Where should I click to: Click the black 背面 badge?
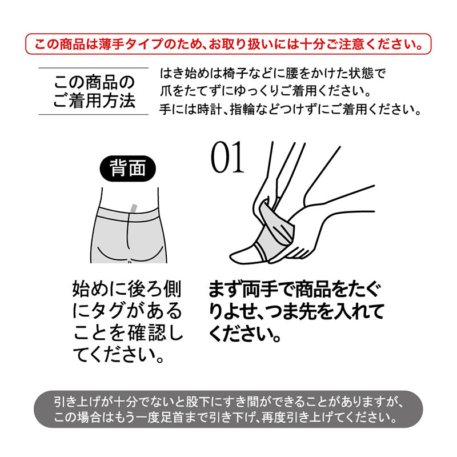(x=127, y=169)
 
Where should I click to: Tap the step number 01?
(x=227, y=157)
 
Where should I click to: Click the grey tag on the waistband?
(x=134, y=208)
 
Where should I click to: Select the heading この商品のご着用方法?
(x=94, y=91)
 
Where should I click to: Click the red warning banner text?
(x=228, y=44)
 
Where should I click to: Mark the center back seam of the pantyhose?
(x=128, y=231)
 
